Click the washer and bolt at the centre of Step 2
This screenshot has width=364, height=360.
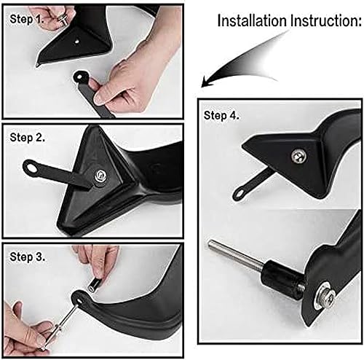(x=99, y=174)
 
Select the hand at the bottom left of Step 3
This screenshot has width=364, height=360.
(x=25, y=321)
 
